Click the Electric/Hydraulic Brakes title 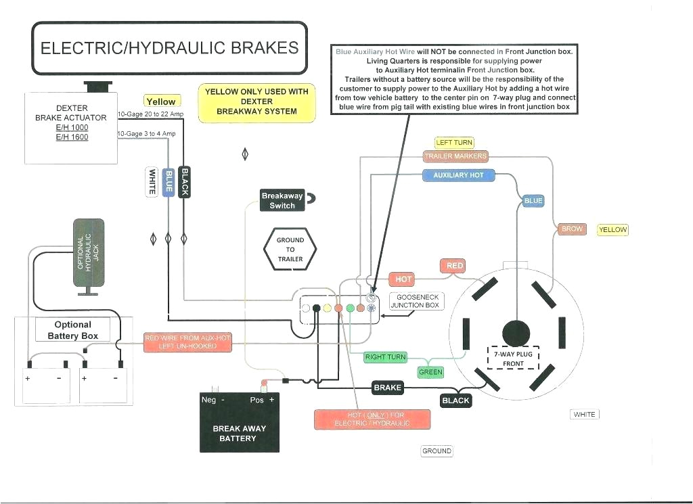tap(169, 48)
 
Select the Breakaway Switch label tap(282, 200)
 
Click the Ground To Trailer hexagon tap(290, 250)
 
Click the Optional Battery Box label tap(72, 330)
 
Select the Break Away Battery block tap(239, 422)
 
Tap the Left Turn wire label tap(454, 143)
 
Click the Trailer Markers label tap(455, 156)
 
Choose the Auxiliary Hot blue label tap(458, 175)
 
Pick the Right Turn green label tap(385, 357)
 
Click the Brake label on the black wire tap(388, 388)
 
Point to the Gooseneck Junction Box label tap(418, 301)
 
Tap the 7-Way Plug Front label tap(513, 359)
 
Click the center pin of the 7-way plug tap(516, 333)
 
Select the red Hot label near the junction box tap(403, 279)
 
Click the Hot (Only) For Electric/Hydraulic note tap(372, 419)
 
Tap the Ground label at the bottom tap(437, 451)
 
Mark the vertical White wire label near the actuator tap(152, 181)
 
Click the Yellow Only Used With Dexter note tap(256, 101)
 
